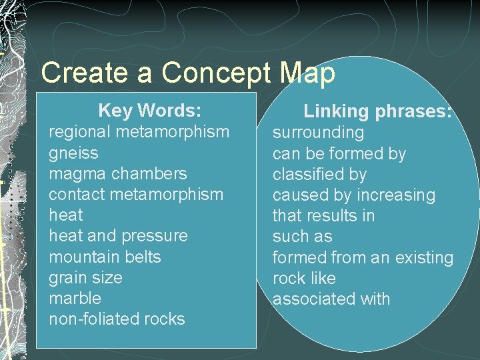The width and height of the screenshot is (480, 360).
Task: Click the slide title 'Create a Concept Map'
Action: click(x=188, y=73)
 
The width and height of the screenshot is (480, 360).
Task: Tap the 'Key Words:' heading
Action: click(x=149, y=110)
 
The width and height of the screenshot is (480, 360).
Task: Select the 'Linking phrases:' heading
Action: click(x=378, y=111)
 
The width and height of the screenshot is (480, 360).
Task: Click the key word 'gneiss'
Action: click(x=73, y=153)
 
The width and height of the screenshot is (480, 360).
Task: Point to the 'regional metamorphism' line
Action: click(x=139, y=132)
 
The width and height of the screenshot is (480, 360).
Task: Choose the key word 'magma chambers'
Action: click(x=118, y=173)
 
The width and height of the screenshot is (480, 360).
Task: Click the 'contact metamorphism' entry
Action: click(x=136, y=194)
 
